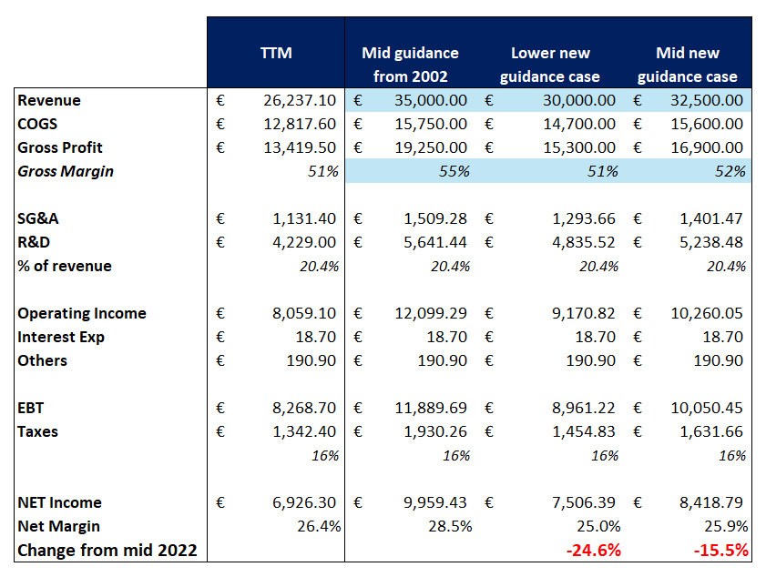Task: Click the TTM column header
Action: [276, 53]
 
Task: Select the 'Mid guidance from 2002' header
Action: [410, 65]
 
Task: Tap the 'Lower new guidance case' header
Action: [549, 65]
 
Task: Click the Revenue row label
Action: [49, 100]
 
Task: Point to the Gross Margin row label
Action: [66, 171]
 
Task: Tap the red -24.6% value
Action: [593, 550]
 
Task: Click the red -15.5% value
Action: [720, 550]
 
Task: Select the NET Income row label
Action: [60, 502]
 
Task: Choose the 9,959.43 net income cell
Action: [433, 502]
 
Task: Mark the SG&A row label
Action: [38, 218]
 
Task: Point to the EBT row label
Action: [31, 408]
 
